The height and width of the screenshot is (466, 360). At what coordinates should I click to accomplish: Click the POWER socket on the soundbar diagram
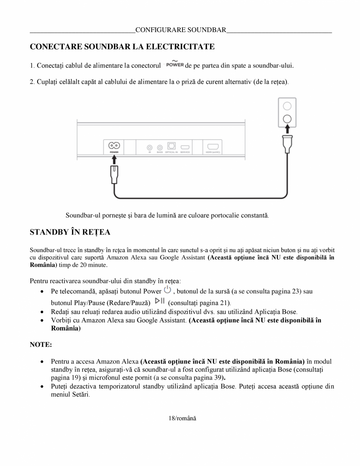(x=114, y=146)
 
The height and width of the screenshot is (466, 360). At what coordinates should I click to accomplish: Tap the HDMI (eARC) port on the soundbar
(x=214, y=147)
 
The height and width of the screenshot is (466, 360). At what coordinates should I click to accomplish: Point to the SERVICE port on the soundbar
(x=185, y=147)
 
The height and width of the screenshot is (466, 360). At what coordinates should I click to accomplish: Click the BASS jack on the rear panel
(x=159, y=147)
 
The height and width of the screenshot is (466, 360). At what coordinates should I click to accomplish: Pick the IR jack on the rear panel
(x=150, y=147)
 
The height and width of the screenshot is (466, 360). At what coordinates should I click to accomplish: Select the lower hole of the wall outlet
(x=287, y=119)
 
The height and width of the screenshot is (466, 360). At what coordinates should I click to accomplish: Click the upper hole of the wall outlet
(x=287, y=106)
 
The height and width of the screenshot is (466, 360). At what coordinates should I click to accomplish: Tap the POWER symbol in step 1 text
(x=175, y=64)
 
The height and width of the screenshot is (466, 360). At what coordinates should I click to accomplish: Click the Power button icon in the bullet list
(x=167, y=290)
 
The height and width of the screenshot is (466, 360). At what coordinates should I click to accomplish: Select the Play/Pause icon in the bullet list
(x=159, y=301)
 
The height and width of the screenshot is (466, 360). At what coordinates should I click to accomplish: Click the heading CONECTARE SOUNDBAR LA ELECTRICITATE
(x=122, y=47)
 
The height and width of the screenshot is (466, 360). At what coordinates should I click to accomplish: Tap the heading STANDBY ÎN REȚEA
(x=70, y=232)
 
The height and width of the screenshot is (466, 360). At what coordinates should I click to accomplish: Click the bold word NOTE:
(x=41, y=345)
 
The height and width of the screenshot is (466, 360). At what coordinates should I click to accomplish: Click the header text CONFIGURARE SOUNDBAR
(x=181, y=30)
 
